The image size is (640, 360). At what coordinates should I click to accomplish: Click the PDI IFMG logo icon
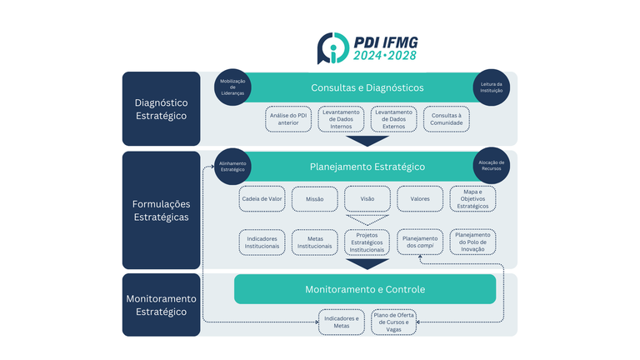tap(333, 48)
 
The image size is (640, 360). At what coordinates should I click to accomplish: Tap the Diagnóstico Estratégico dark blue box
tap(161, 109)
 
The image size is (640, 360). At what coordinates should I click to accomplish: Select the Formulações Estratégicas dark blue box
tap(161, 210)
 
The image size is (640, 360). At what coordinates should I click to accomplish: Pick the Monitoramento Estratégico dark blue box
tap(161, 305)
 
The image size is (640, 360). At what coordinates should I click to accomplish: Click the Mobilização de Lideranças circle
tap(233, 87)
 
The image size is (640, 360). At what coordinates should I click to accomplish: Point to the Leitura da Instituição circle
tap(491, 87)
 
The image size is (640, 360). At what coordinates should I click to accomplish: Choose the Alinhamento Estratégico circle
tap(232, 166)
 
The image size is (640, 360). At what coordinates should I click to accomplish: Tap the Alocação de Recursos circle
tap(491, 166)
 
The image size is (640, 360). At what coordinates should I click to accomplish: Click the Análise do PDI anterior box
tap(289, 119)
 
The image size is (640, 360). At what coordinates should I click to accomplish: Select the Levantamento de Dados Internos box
tap(340, 119)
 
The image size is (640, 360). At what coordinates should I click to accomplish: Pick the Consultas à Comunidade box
tap(446, 119)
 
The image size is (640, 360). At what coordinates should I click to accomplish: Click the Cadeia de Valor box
tap(262, 199)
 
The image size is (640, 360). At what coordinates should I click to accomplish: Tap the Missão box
tap(314, 199)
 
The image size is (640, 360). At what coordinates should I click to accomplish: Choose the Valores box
tap(420, 199)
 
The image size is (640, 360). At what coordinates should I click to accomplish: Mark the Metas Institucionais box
tap(314, 242)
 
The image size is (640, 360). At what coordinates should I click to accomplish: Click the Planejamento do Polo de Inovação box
tap(472, 242)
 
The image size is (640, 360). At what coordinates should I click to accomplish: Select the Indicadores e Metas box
tap(341, 322)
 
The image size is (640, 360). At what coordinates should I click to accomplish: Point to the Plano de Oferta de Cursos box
tap(394, 322)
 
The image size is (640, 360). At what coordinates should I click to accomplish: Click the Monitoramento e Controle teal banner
tap(364, 289)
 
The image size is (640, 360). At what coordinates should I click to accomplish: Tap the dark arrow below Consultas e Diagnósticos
tap(367, 141)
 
